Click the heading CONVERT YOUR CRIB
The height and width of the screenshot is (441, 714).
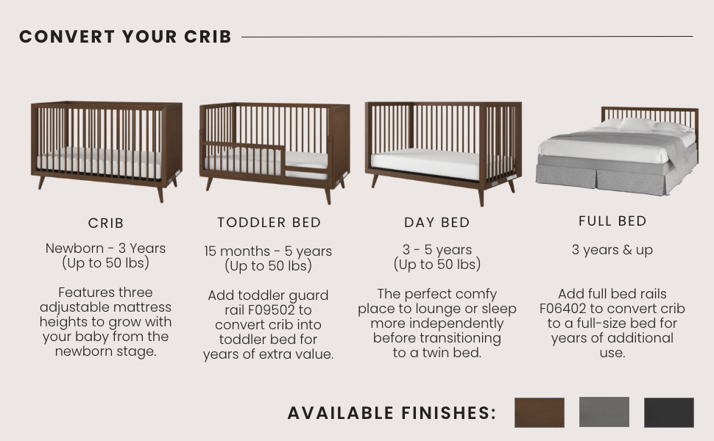tap(125, 37)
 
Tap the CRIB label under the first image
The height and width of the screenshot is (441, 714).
tap(106, 223)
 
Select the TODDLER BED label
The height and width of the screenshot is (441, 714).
tap(269, 222)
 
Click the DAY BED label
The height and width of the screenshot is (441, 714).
tap(436, 223)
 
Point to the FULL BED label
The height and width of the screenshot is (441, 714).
tap(612, 221)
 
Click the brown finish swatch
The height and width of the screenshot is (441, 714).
tap(539, 412)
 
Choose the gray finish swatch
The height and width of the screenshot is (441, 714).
tap(604, 412)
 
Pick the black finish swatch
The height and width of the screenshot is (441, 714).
tap(668, 412)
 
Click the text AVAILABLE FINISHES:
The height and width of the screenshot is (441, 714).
tap(392, 413)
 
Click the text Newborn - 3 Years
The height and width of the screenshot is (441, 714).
tap(106, 248)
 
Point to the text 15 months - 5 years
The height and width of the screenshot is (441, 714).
tap(268, 251)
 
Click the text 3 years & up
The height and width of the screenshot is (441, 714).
tap(612, 250)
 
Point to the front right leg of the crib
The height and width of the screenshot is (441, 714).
tap(160, 193)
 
